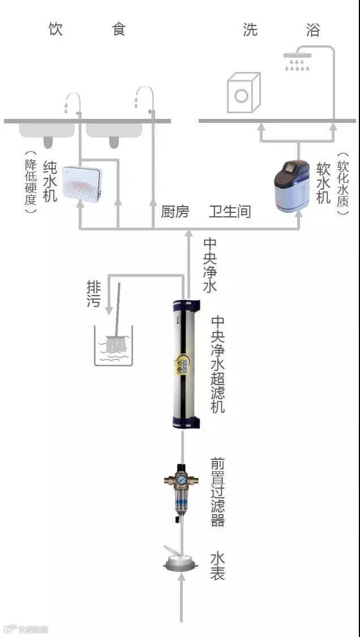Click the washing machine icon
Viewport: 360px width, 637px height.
point(243,93)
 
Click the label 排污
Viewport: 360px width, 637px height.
point(93,293)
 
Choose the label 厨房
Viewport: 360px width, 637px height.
point(175,212)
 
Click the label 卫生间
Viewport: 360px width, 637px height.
point(229,212)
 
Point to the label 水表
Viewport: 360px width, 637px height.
point(218,566)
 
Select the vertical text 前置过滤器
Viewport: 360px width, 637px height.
point(218,491)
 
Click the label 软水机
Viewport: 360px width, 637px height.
point(323,183)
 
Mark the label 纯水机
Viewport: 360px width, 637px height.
point(50,181)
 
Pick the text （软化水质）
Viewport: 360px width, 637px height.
point(343,183)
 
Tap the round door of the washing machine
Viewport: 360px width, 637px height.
point(242,96)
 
